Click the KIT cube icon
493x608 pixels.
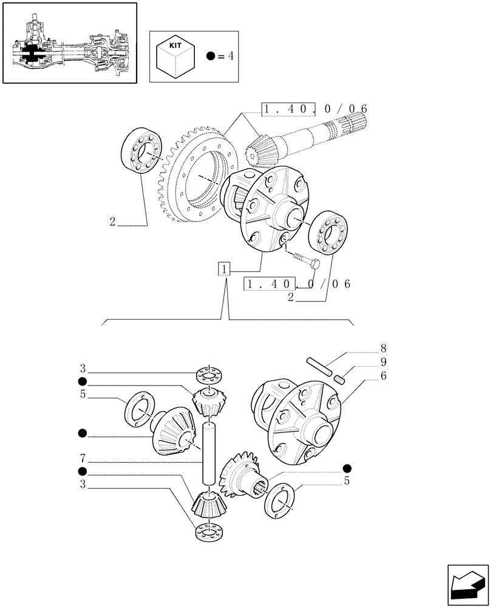tap(175, 55)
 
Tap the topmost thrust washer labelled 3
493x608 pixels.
tap(208, 374)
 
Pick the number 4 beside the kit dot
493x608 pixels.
tap(230, 57)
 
